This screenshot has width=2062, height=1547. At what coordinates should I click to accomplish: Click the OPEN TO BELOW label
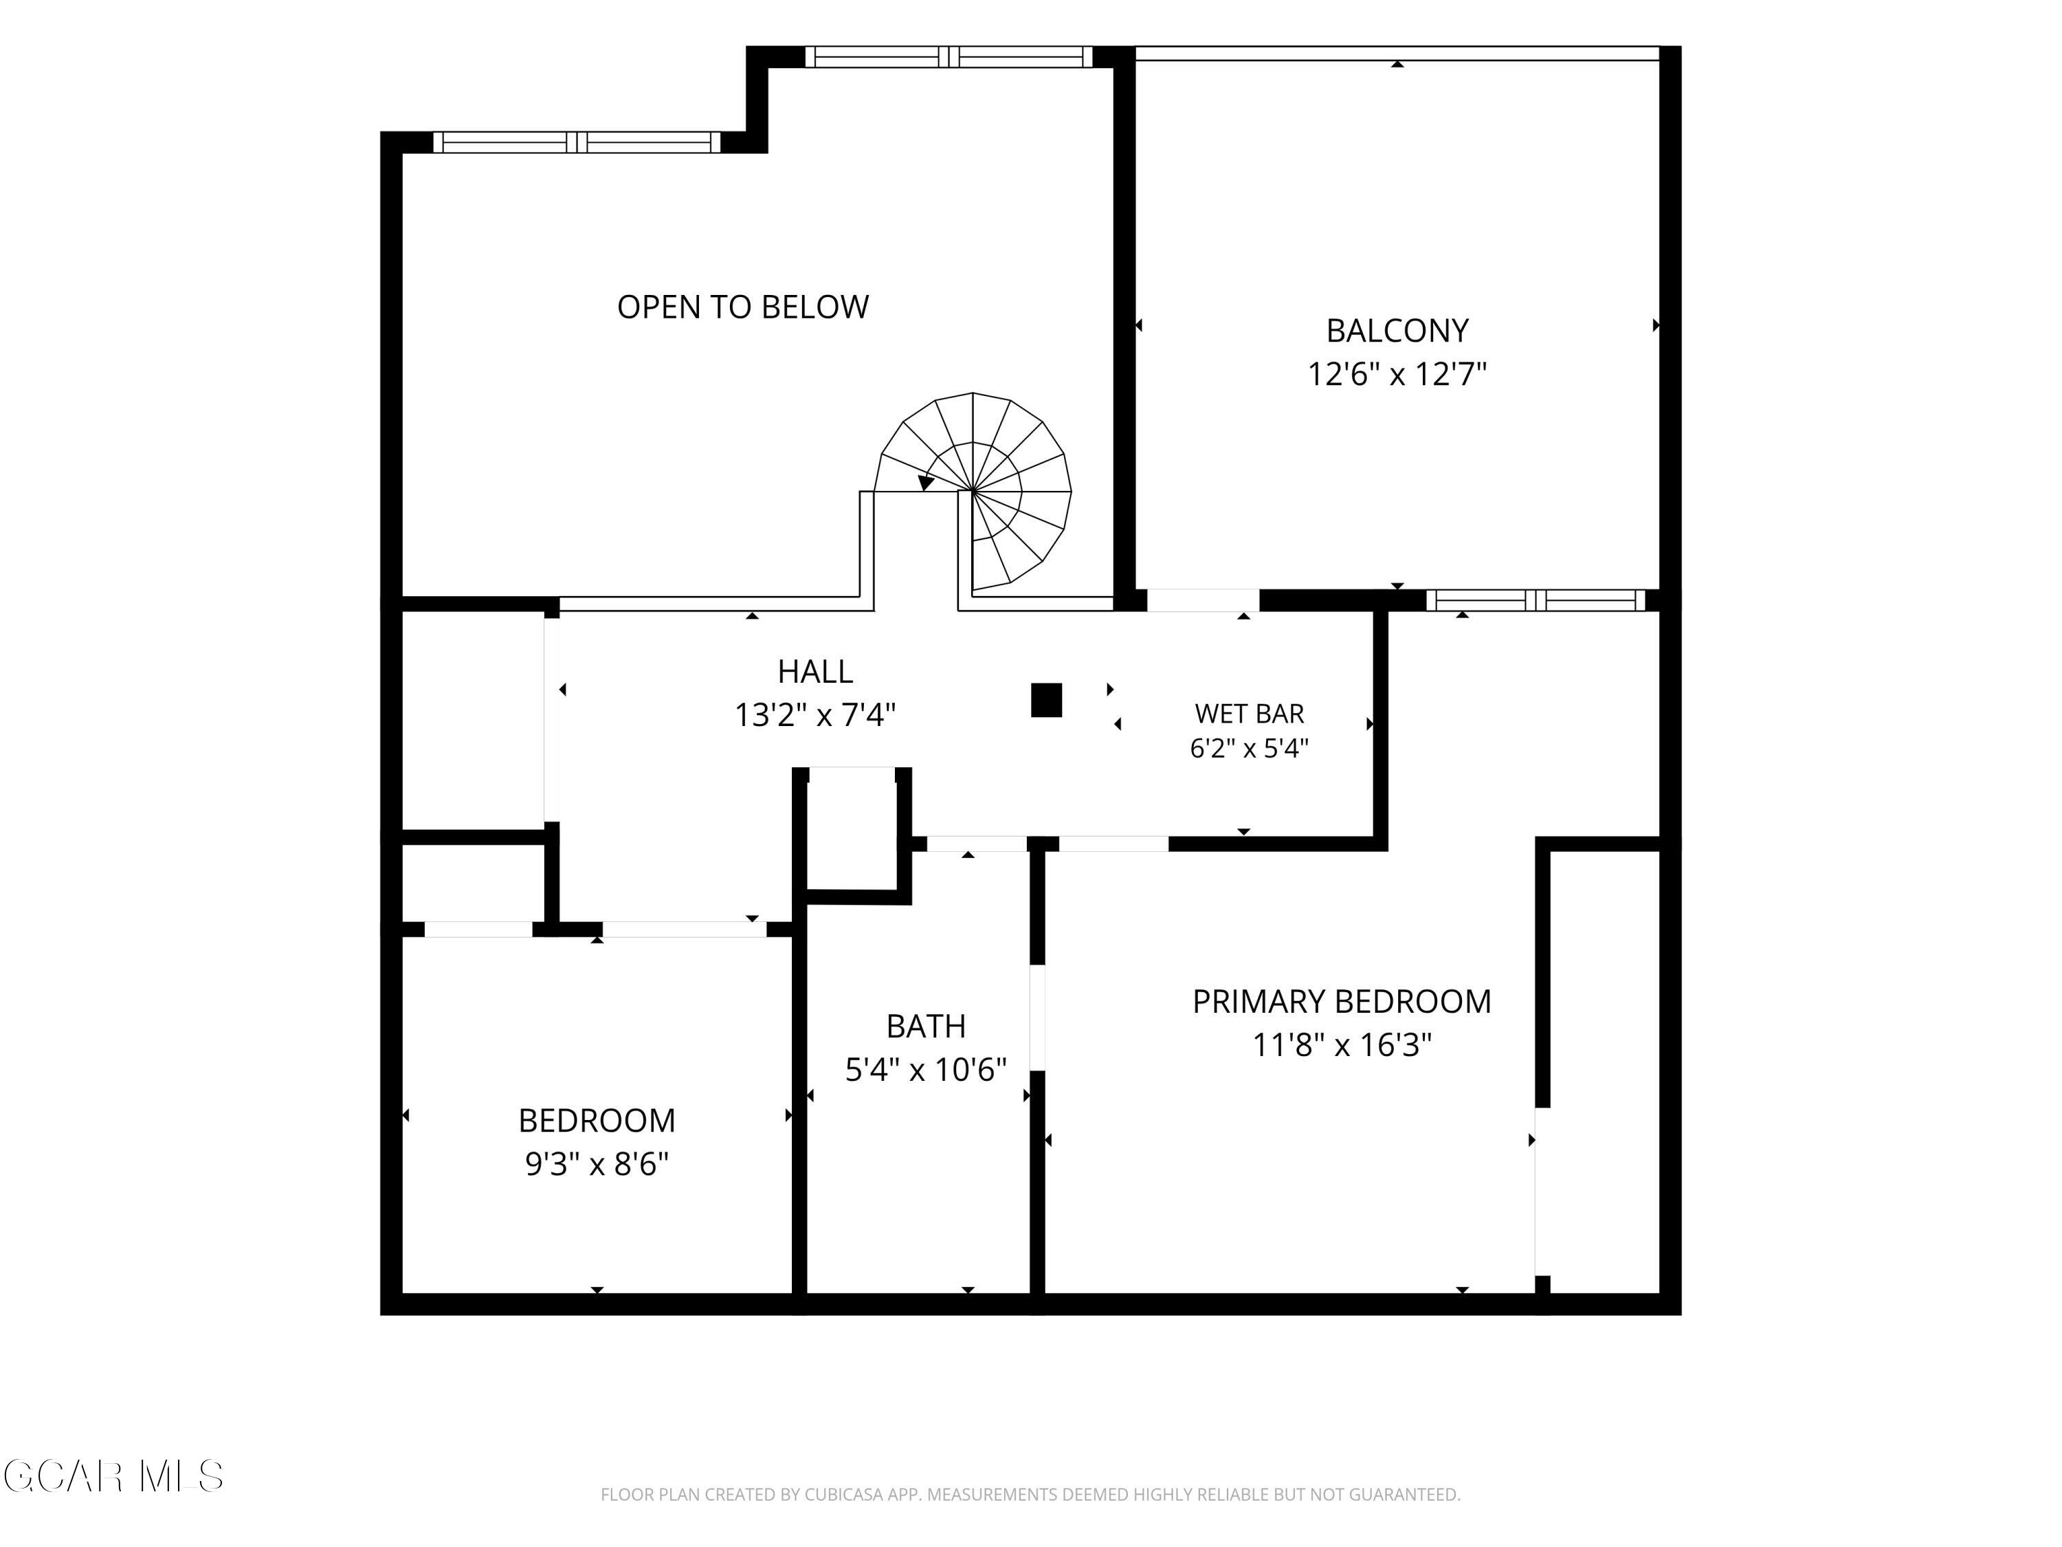click(x=743, y=307)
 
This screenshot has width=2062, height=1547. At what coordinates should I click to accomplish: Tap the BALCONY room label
click(x=1397, y=330)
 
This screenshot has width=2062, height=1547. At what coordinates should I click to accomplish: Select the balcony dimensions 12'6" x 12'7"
click(x=1397, y=374)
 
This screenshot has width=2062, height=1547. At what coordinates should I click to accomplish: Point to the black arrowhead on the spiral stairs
click(x=926, y=482)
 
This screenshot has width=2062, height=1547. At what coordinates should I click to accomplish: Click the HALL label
click(x=814, y=671)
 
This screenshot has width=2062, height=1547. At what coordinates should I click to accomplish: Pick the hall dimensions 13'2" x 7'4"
click(x=814, y=715)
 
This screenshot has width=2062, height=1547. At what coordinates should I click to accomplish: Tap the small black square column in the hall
click(x=1046, y=701)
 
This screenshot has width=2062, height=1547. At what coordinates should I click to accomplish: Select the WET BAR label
click(x=1249, y=714)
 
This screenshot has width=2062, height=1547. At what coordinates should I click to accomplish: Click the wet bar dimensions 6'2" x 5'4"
click(x=1249, y=748)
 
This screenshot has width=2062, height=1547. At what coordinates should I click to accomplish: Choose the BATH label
click(x=926, y=1026)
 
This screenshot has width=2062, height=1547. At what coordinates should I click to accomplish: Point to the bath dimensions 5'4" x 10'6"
click(x=926, y=1070)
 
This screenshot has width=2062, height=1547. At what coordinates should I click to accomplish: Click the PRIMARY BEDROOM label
click(x=1342, y=1002)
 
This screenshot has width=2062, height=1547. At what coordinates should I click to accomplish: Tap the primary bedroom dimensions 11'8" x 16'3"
click(x=1342, y=1045)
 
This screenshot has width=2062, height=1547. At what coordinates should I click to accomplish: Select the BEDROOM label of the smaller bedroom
click(x=597, y=1120)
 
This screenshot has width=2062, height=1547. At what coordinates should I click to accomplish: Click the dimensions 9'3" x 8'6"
click(x=597, y=1164)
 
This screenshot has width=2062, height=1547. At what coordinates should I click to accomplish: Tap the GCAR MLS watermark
click(x=113, y=1476)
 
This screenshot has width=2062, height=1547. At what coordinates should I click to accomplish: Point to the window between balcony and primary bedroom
click(x=1536, y=600)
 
